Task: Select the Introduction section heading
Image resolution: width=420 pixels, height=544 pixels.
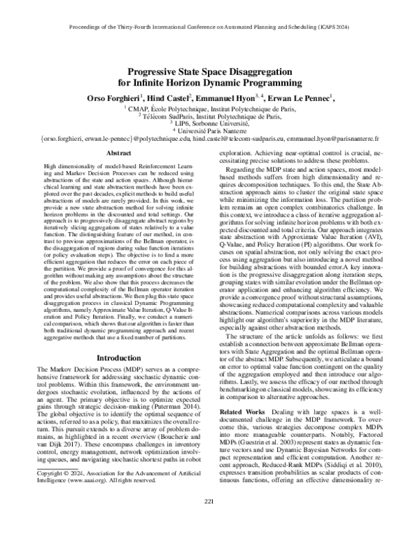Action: coord(113,357)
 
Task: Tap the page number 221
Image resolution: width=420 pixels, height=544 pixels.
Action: coord(209,520)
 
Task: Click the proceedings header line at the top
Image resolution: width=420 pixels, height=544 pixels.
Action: coord(209,30)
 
